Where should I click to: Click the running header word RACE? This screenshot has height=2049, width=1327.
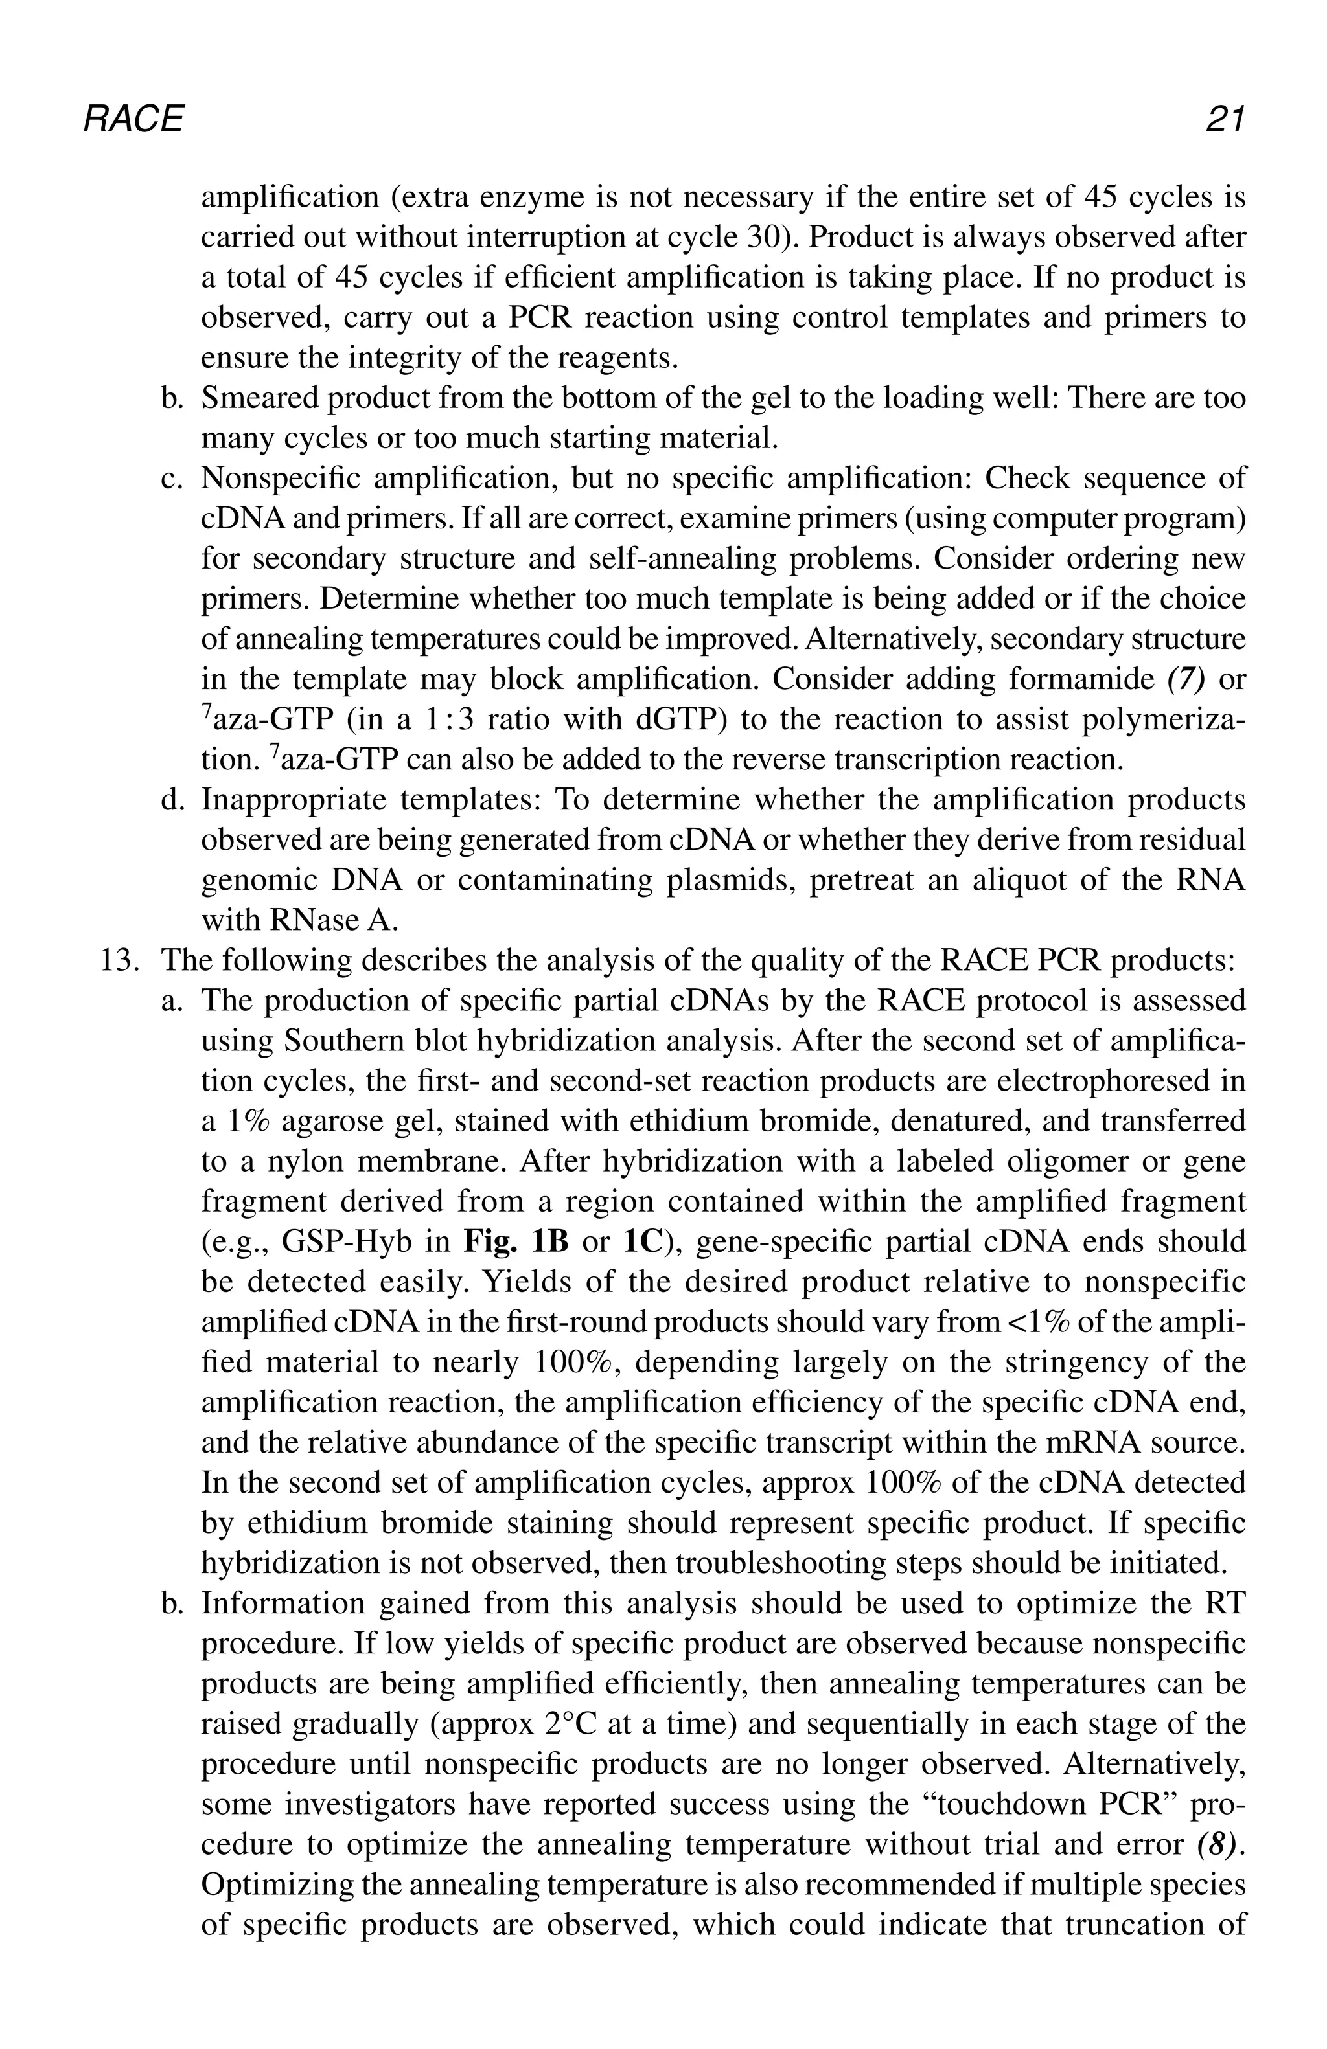pyautogui.click(x=133, y=119)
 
